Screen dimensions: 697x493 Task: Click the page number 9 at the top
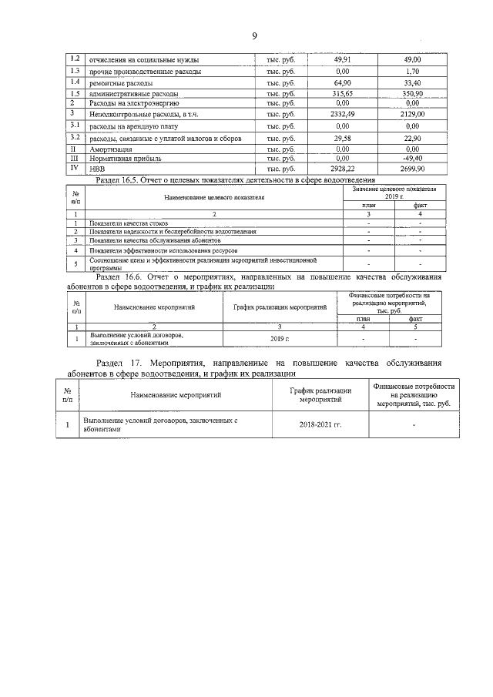[253, 36]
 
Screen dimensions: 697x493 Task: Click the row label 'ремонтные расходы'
[121, 82]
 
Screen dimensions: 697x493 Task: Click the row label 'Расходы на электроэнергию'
[136, 102]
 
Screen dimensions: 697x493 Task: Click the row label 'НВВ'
[98, 167]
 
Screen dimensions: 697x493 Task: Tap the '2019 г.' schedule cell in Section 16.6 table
[278, 338]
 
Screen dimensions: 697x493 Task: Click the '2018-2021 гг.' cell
[320, 424]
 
